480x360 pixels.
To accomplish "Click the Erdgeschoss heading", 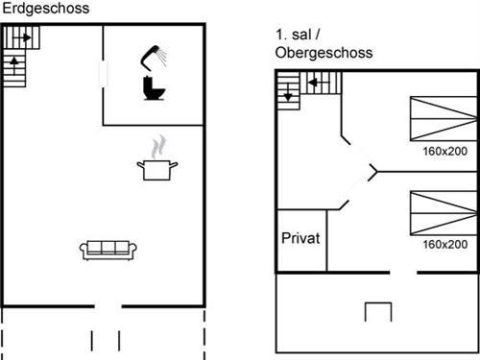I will click(45, 8).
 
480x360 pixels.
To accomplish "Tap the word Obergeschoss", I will click(324, 54).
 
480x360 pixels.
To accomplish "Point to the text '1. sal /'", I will click(297, 36).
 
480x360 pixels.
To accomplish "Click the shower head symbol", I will click(154, 56).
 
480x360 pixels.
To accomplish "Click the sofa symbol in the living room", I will click(109, 249).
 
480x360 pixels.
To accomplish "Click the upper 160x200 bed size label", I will click(444, 152).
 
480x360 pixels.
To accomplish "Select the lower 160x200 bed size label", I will click(444, 245).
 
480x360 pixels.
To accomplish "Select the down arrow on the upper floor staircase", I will click(286, 96).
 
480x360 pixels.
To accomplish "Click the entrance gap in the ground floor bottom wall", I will click(108, 307).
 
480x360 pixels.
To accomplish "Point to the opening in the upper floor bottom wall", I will click(403, 273).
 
